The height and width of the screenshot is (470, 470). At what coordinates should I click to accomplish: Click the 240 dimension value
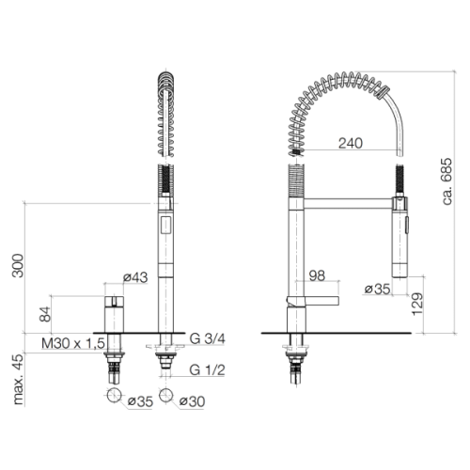[351, 143]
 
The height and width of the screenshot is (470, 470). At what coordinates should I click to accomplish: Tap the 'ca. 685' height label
[446, 181]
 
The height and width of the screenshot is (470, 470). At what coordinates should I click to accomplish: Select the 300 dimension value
[18, 266]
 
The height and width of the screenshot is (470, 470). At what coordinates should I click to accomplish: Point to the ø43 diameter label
[135, 277]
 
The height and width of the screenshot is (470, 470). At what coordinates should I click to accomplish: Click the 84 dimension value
[45, 314]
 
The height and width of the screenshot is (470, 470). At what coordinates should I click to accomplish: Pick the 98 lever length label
[317, 275]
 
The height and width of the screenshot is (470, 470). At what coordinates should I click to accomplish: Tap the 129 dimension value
[417, 304]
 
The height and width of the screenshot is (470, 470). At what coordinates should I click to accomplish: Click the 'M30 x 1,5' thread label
[73, 343]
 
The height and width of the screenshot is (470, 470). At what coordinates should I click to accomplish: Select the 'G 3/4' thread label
[208, 338]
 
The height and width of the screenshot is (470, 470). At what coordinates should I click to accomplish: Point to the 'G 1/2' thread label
[208, 370]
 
